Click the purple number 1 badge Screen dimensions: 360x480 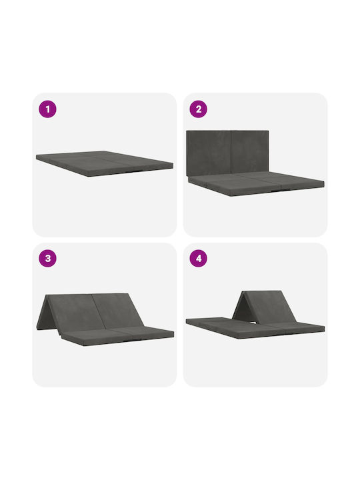47,109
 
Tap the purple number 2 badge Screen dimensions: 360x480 199,109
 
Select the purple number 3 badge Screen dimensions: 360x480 47,259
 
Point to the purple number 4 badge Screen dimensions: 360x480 199,259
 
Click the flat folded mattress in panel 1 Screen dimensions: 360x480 105,163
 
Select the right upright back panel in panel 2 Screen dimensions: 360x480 250,151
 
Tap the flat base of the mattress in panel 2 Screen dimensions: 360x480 256,183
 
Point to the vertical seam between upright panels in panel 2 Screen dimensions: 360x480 231,152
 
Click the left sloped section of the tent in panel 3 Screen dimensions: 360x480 73,311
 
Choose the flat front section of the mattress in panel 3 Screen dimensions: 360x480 118,336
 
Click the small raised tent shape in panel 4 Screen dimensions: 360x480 264,306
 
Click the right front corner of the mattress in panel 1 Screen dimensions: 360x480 173,165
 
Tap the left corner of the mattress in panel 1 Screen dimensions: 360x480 37,157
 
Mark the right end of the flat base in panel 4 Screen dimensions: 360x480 324,328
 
